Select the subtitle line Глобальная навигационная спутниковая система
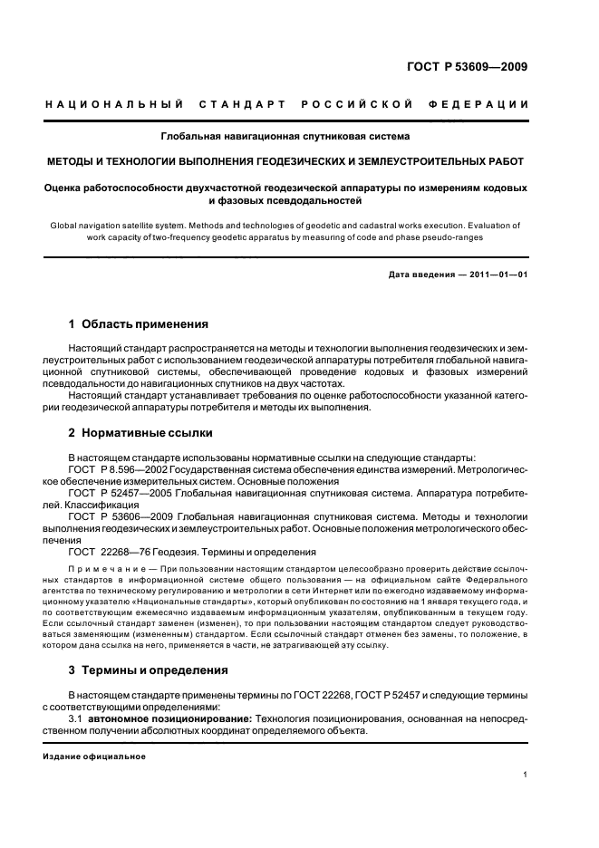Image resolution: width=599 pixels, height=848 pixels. pyautogui.click(x=285, y=137)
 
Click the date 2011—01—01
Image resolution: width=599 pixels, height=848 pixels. pyautogui.click(x=497, y=274)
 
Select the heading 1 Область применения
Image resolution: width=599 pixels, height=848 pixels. pyautogui.click(x=139, y=323)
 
